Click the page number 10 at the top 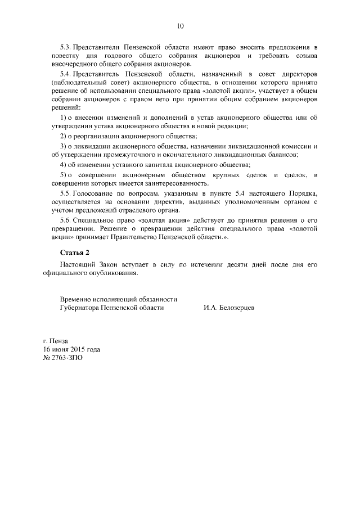pos(180,25)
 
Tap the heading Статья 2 pos(75,251)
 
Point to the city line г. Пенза pos(55,341)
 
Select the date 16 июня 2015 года pos(71,349)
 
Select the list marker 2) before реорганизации pos(64,137)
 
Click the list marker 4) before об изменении pos(64,165)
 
